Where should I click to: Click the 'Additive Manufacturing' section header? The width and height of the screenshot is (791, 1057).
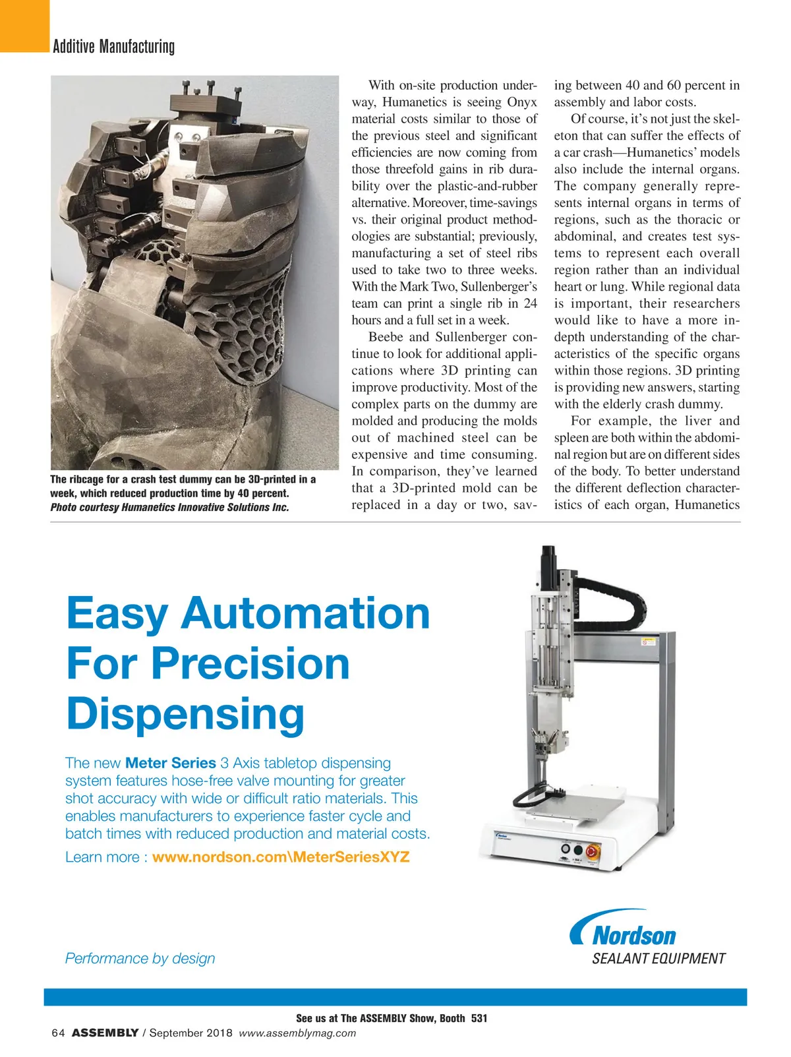pyautogui.click(x=113, y=47)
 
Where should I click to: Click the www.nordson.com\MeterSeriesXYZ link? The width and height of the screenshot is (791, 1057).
pyautogui.click(x=281, y=857)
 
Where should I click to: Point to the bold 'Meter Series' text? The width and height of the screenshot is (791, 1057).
pyautogui.click(x=171, y=763)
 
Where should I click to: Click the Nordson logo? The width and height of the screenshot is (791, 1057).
pyautogui.click(x=624, y=930)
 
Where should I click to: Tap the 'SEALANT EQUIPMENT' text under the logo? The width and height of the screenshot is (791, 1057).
pyautogui.click(x=658, y=959)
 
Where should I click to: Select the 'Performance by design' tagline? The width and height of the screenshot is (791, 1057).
pyautogui.click(x=140, y=958)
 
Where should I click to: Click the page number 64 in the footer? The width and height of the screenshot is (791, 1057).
pyautogui.click(x=57, y=1033)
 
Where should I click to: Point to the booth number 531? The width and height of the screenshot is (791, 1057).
pyautogui.click(x=479, y=1018)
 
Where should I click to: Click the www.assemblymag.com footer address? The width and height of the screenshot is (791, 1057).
pyautogui.click(x=297, y=1033)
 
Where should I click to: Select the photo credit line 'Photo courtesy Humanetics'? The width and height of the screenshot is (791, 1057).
pyautogui.click(x=169, y=507)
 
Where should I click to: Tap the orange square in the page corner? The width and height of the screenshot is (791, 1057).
pyautogui.click(x=24, y=25)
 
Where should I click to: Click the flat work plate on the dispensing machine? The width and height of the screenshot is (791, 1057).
pyautogui.click(x=587, y=802)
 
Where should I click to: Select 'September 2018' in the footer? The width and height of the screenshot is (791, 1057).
pyautogui.click(x=190, y=1033)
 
